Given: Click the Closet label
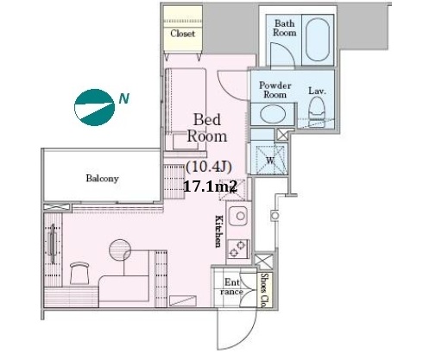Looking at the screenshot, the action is click(182, 34).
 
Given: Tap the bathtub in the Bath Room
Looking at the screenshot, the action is click(318, 40).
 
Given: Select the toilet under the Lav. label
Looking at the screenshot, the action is click(317, 111).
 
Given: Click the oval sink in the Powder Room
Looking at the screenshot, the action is click(273, 114).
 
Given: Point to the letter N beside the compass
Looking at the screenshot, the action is click(124, 98).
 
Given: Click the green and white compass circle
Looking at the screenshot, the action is click(94, 107).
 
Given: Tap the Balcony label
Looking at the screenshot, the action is click(102, 179).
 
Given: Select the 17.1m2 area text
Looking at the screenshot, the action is click(210, 186).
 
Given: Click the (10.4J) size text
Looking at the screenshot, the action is click(209, 167).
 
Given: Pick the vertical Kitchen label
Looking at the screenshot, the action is click(219, 231).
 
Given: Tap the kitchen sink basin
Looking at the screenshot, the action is click(238, 216).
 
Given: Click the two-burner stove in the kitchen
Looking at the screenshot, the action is click(238, 249).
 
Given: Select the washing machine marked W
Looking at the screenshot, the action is click(269, 159).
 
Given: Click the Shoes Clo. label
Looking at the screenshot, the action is click(265, 290).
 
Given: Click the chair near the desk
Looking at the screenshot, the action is click(79, 274).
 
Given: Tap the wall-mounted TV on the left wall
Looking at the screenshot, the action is click(53, 243).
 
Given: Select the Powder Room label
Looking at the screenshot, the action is click(275, 90).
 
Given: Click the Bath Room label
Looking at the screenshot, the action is click(284, 28).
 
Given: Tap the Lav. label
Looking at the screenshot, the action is click(318, 91).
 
